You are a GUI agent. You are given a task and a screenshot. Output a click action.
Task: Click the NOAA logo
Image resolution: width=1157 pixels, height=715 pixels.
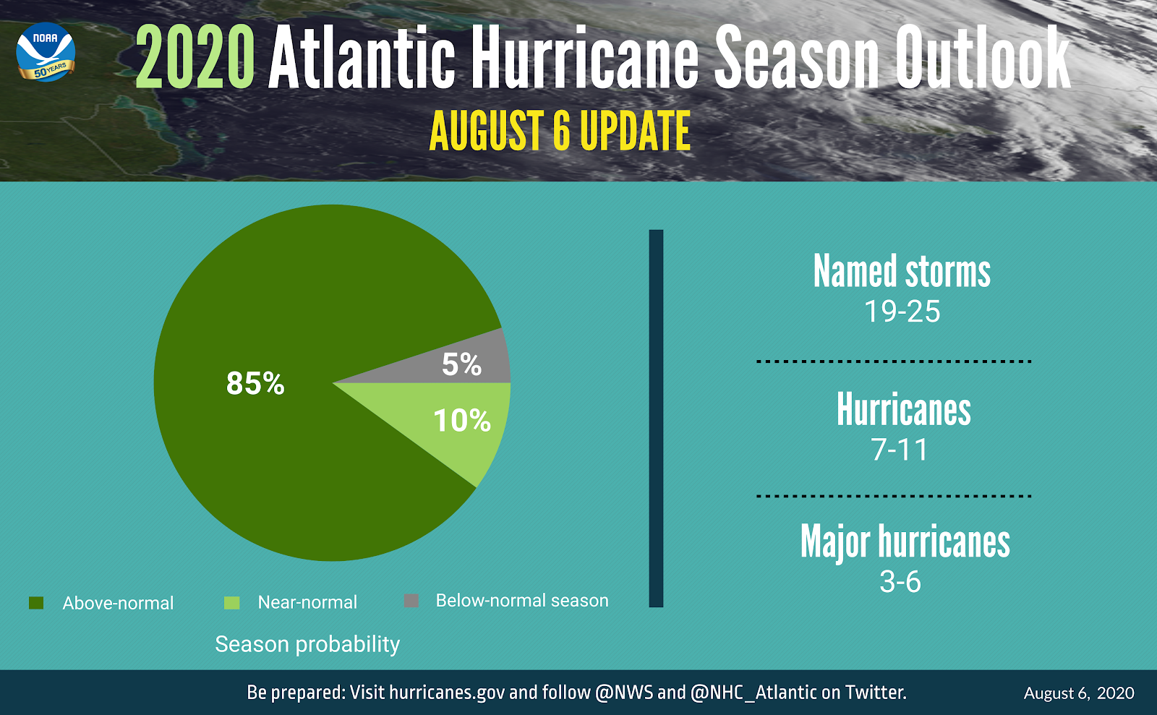pos(46,52)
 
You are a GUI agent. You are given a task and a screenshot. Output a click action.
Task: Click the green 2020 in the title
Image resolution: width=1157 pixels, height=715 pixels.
pos(195,58)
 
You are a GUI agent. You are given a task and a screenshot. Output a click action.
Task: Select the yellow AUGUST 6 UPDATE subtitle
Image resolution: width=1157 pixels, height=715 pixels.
pos(560,132)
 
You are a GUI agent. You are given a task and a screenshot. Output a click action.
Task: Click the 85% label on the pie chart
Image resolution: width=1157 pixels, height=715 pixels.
pos(255,383)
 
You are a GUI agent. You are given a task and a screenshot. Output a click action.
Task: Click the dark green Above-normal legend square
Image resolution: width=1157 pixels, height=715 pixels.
pos(36,603)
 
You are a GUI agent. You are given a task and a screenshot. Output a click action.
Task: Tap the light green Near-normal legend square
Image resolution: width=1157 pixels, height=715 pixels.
pos(231,602)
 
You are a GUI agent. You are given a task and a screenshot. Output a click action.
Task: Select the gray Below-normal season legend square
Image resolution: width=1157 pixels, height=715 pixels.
pos(411,601)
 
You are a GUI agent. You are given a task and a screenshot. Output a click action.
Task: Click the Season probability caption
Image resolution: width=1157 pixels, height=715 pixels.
pos(307,644)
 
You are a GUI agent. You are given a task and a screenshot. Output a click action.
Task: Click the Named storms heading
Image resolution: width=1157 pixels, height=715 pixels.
pos(902,272)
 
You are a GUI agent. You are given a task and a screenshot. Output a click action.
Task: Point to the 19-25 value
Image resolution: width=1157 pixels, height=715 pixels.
pos(902,312)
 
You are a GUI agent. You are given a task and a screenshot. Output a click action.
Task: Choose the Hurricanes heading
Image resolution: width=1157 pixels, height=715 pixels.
pos(903,410)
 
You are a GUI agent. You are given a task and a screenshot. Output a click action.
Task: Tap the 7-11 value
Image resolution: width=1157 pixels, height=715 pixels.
pos(900,450)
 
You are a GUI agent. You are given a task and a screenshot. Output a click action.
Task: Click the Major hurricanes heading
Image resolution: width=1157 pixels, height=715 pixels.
pos(905,542)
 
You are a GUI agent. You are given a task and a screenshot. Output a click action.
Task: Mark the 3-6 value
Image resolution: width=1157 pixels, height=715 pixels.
pos(900,582)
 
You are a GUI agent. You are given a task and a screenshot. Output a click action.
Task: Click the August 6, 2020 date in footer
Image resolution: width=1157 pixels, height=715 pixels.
pos(1079,693)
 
